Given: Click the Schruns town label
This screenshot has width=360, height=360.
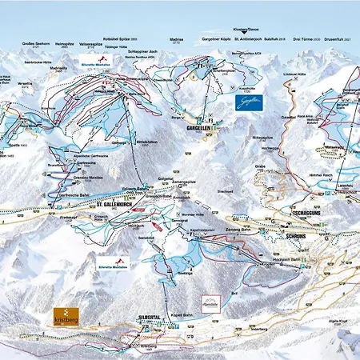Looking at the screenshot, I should [x=297, y=227].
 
